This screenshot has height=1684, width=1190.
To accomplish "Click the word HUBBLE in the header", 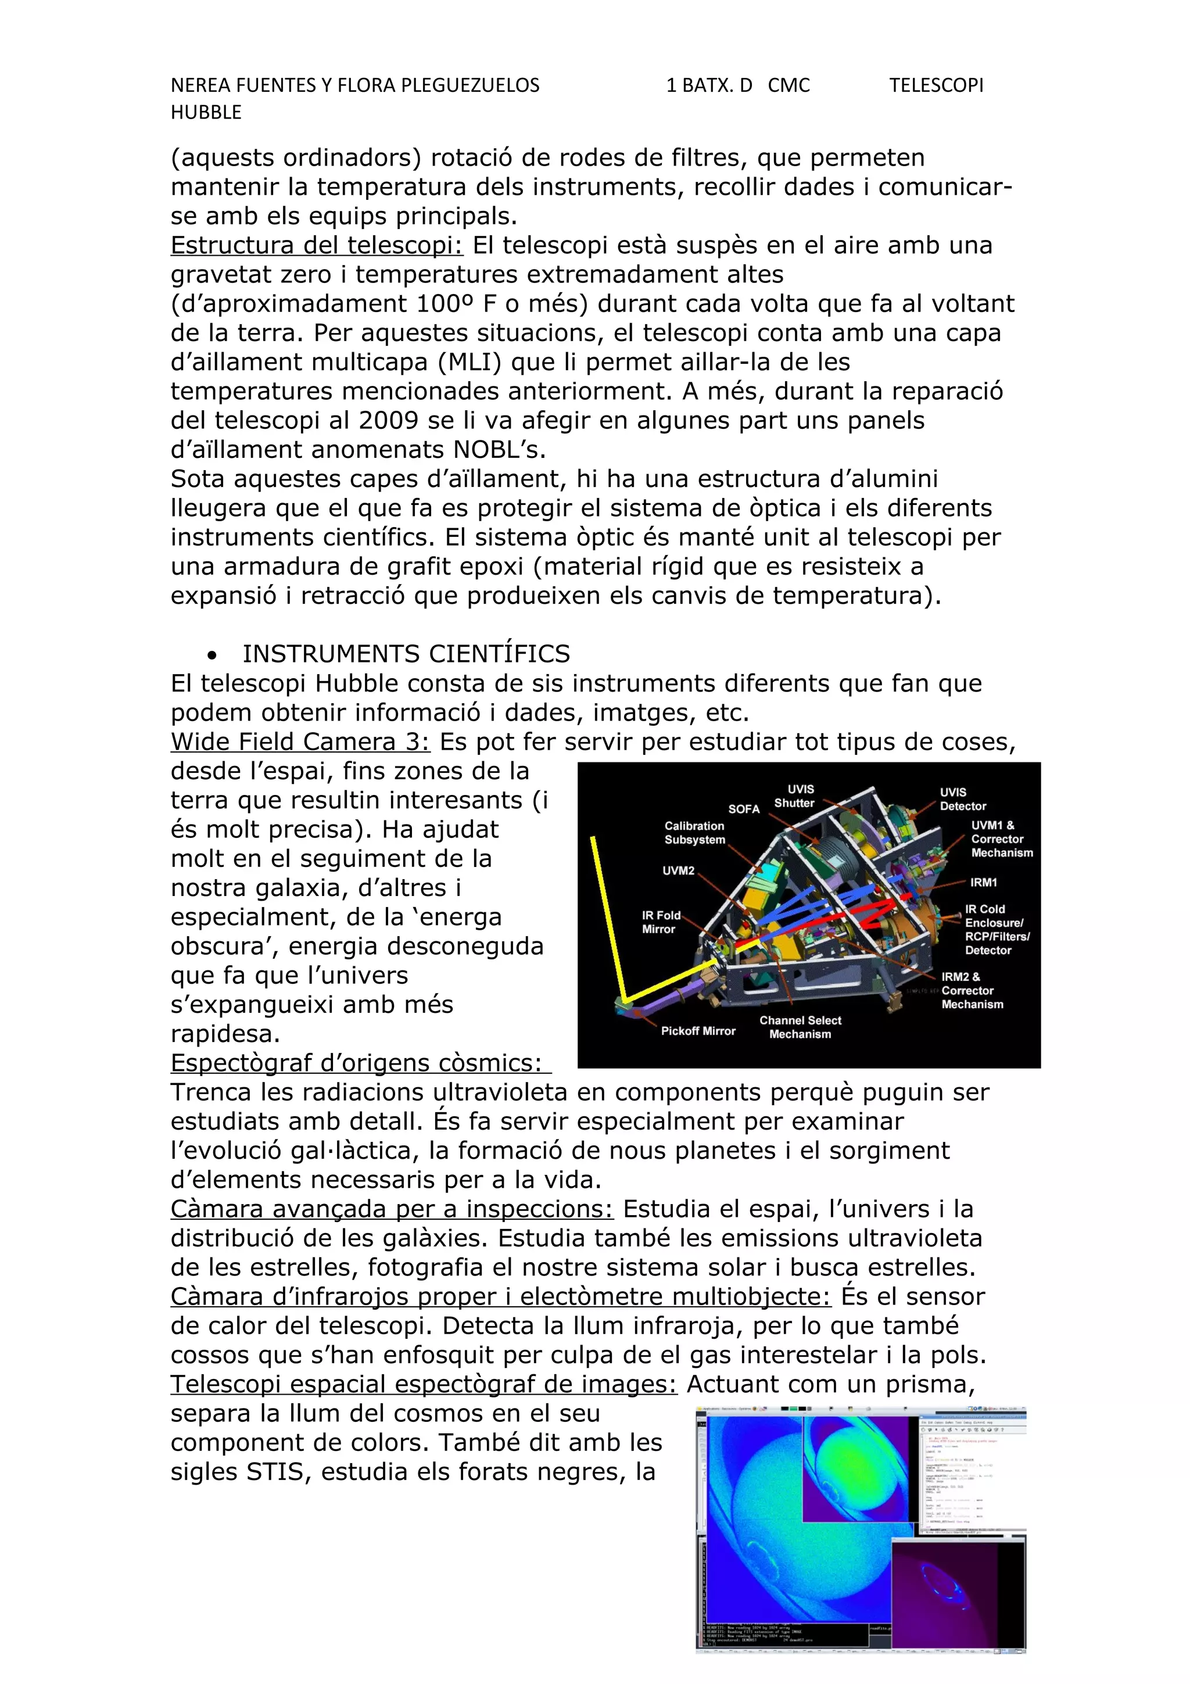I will point(206,112).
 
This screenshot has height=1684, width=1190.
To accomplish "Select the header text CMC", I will point(788,86).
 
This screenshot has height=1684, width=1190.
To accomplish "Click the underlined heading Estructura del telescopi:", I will point(317,245).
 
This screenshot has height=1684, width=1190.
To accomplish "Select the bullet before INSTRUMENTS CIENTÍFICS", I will point(213,655).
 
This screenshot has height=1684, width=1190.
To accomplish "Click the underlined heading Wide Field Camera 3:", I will point(300,741).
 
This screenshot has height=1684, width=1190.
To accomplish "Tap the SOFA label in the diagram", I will point(744,809).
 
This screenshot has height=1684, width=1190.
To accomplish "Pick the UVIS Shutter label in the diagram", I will point(795,796).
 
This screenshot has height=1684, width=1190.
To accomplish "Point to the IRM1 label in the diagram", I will point(983,882).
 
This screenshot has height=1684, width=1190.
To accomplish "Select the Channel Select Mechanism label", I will point(800,1027).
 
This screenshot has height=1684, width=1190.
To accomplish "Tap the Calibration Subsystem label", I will point(694,833).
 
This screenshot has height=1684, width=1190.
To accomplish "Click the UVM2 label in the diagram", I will point(678,870).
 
